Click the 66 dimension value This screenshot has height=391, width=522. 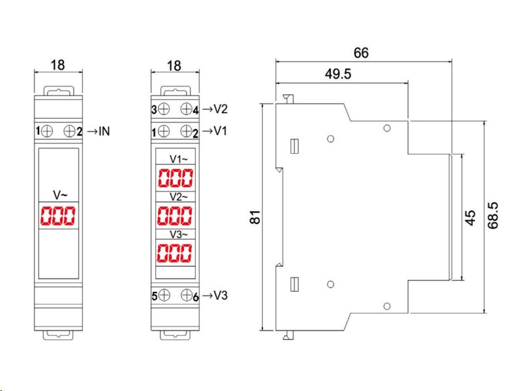361,53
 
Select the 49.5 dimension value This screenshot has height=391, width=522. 338,74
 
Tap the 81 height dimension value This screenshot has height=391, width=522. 255,217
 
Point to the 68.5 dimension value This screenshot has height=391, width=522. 493,215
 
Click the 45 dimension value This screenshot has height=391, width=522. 470,218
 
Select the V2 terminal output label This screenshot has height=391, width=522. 220,109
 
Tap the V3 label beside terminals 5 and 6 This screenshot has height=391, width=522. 220,295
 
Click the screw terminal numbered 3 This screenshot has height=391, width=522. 164,109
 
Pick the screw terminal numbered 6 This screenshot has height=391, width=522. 187,295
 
